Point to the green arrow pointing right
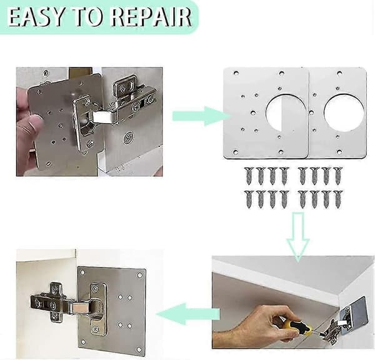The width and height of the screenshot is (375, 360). [201, 116]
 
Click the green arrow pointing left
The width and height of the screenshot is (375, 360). [187, 314]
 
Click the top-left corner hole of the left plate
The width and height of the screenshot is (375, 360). [236, 72]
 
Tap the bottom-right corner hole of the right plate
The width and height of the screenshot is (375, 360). [339, 152]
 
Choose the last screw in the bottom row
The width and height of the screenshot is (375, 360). [337, 199]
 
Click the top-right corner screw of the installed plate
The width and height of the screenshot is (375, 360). [139, 276]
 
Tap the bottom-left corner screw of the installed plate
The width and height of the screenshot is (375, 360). [82, 342]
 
